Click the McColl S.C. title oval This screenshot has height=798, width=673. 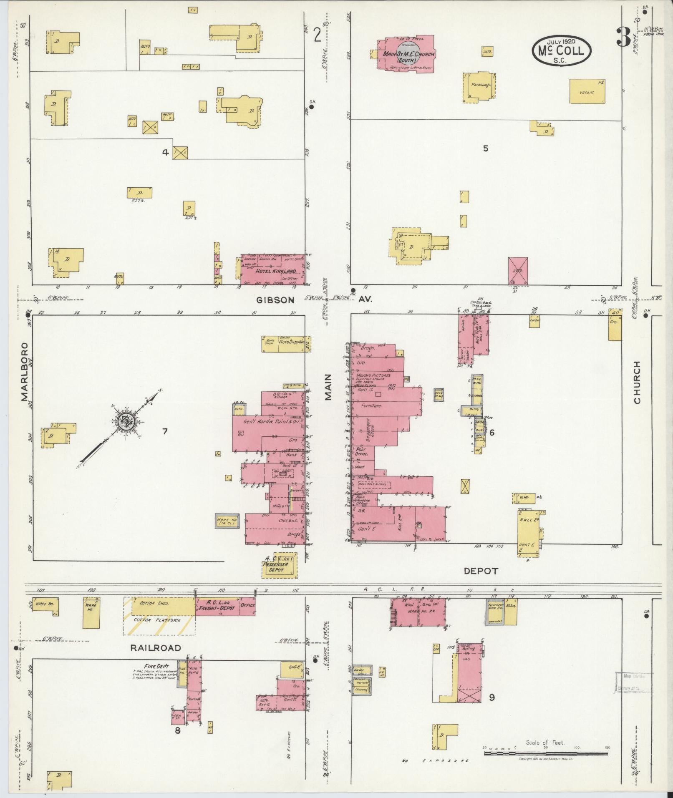click(562, 50)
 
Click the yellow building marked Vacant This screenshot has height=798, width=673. click(587, 91)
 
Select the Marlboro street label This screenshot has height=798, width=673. click(25, 372)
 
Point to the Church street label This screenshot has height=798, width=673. click(637, 383)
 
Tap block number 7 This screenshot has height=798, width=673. click(165, 431)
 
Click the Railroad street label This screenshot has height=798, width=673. click(156, 648)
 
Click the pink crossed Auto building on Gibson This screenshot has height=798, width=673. click(518, 271)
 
